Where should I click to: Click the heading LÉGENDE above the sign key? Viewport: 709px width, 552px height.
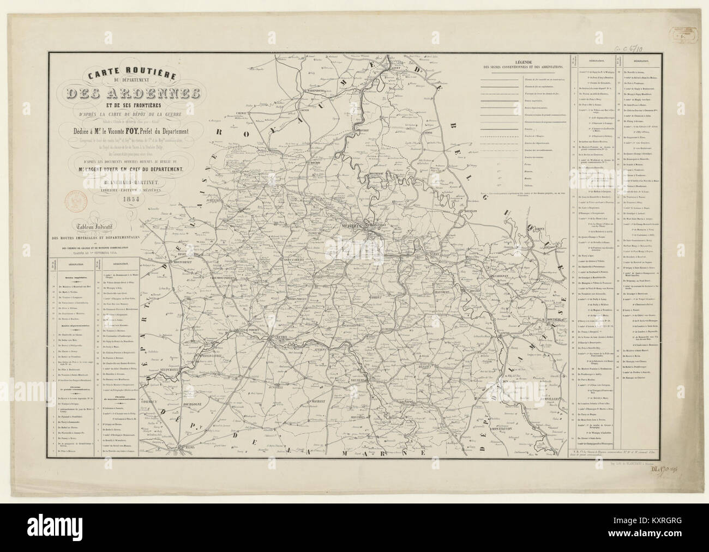(x=522, y=62)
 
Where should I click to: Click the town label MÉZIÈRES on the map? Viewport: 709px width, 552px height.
(x=353, y=225)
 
